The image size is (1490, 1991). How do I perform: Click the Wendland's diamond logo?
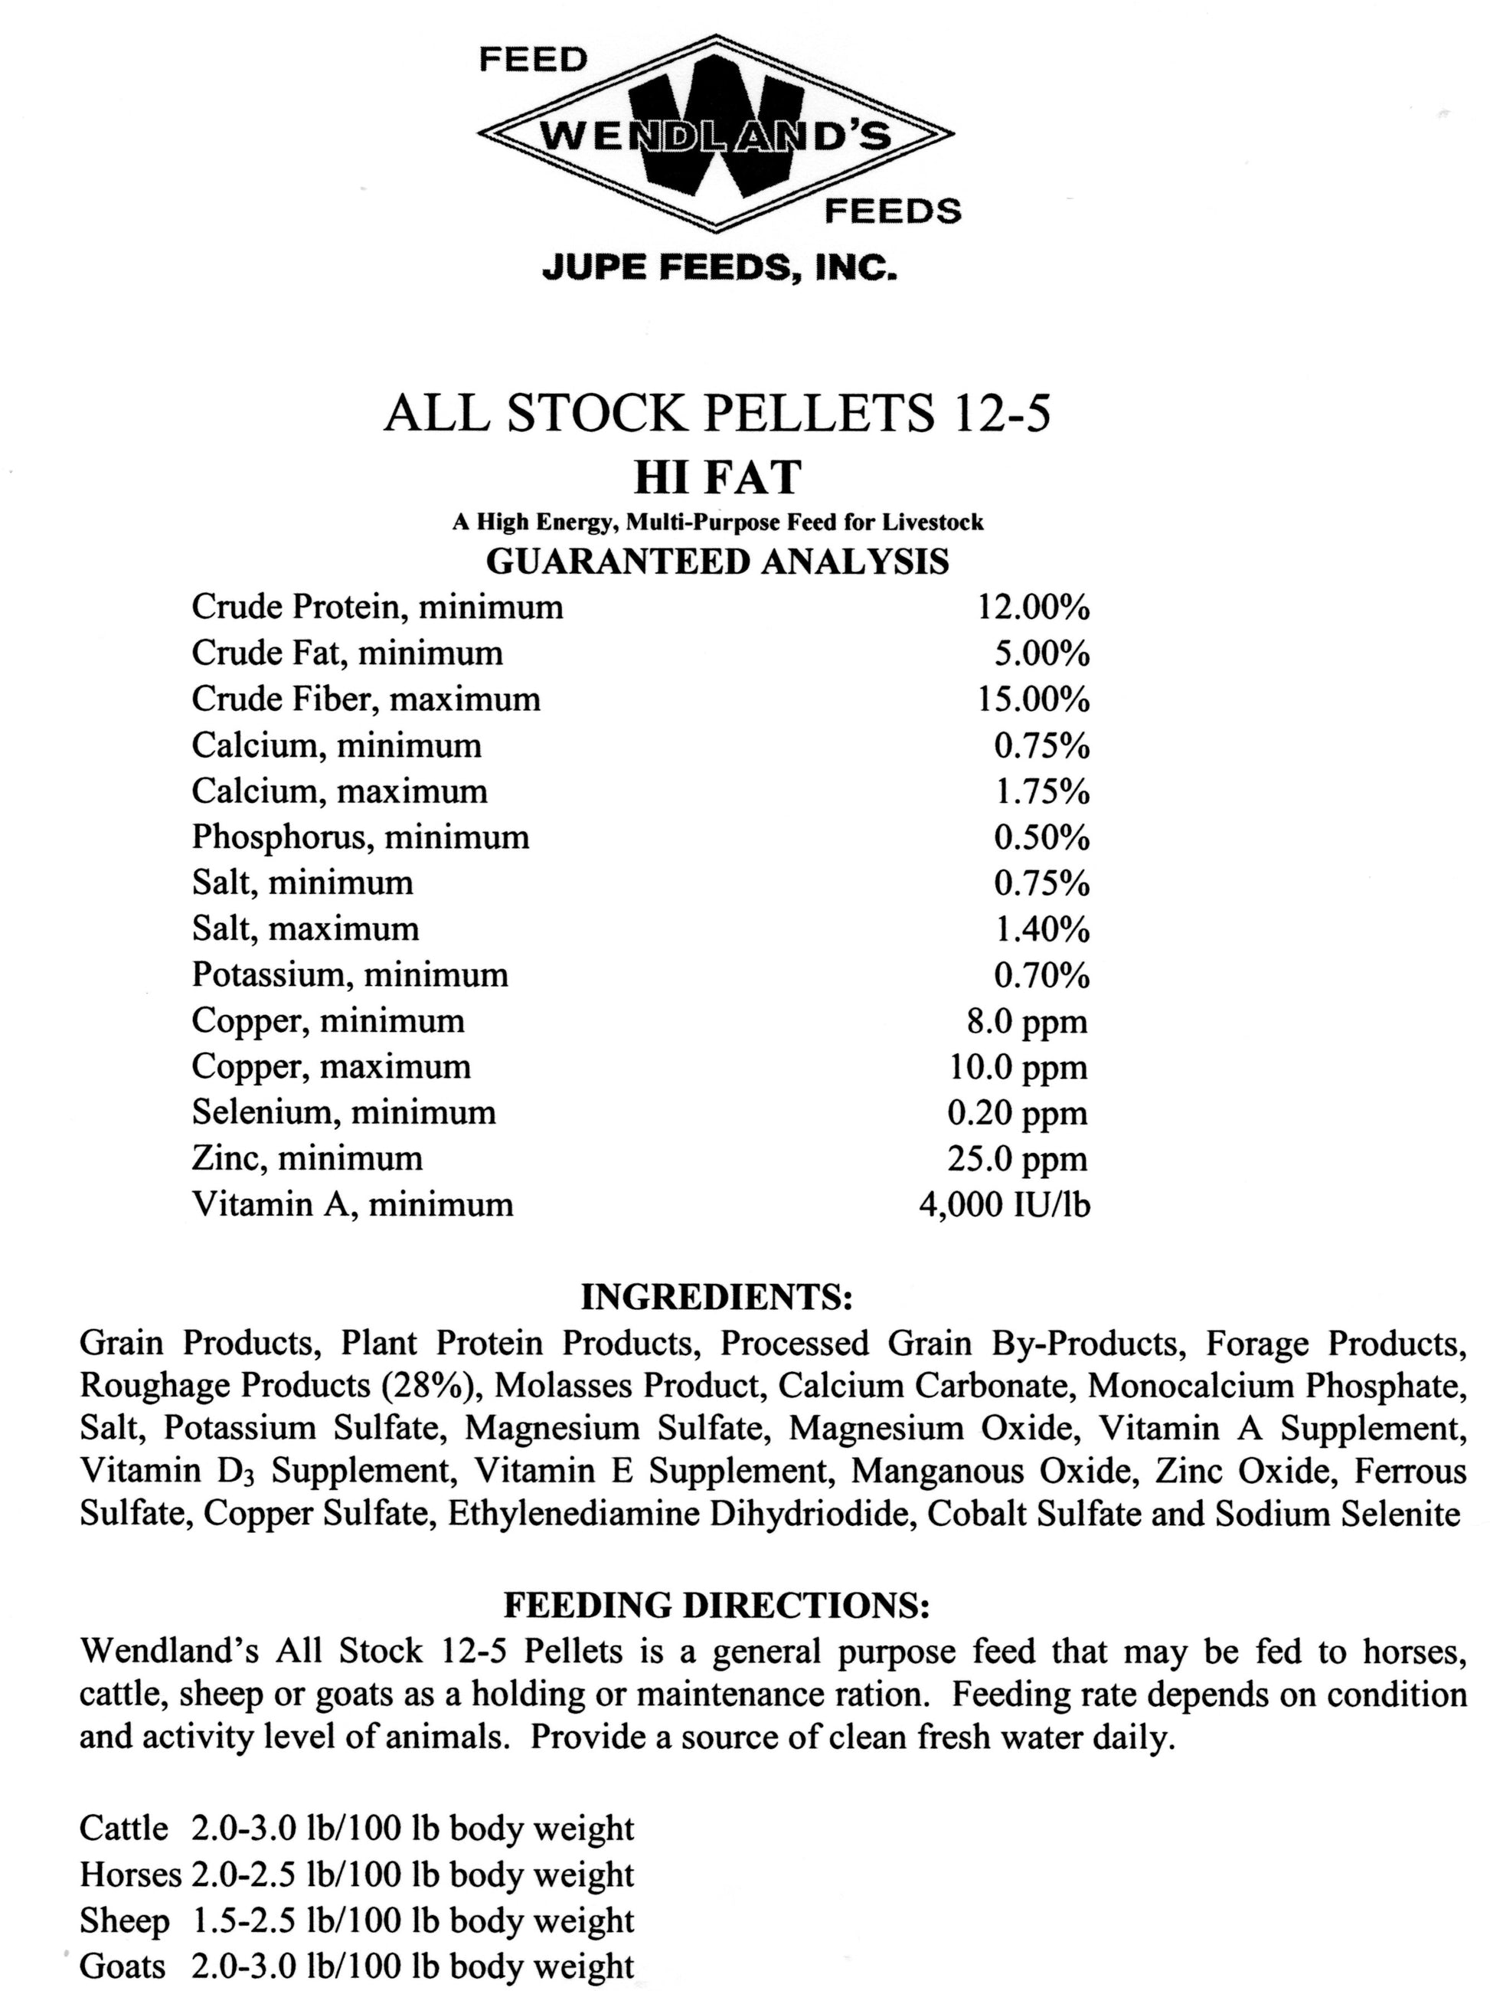point(715,135)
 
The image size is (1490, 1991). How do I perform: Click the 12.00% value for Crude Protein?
point(1033,608)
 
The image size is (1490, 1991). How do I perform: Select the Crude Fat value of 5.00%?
point(1041,654)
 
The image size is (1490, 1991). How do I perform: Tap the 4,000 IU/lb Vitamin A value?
point(1003,1205)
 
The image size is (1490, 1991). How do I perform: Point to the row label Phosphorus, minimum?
point(360,838)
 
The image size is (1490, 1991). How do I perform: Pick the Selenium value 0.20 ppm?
point(1017,1113)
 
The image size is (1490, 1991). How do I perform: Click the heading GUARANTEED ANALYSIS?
point(717,562)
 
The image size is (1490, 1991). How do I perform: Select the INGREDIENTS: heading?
point(716,1297)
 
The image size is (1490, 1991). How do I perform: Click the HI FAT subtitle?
point(717,478)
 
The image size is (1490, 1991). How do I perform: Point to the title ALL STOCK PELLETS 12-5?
point(717,414)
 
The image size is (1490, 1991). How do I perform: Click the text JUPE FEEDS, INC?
point(719,268)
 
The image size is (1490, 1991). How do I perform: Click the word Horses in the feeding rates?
point(130,1874)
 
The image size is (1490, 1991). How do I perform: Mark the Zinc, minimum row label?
point(307,1158)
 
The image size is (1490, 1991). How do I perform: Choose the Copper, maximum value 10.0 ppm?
point(1018,1067)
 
